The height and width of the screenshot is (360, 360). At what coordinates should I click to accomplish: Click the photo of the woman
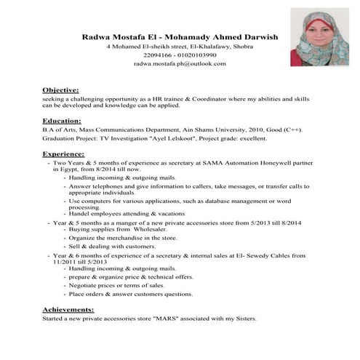tap(317, 37)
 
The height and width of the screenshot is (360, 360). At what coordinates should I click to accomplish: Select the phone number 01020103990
tap(196, 55)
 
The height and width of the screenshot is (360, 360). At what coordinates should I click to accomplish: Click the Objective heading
tap(60, 89)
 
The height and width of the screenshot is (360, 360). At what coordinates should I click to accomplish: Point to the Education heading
tap(62, 120)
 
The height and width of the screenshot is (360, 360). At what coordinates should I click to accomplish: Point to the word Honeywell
tap(257, 164)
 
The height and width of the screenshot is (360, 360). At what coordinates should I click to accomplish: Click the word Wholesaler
tap(149, 229)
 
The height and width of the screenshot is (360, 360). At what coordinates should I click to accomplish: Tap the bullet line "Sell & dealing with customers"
tap(112, 247)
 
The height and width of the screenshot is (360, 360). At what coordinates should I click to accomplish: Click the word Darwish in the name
tap(257, 35)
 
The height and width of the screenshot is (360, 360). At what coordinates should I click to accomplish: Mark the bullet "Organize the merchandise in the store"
tap(123, 238)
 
